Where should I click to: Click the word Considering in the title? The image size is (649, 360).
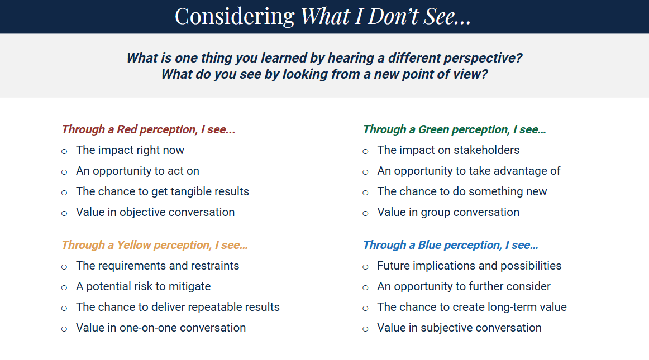point(235,17)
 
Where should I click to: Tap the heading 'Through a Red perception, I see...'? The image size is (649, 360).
point(148,129)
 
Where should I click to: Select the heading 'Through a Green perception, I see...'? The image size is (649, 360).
point(455,129)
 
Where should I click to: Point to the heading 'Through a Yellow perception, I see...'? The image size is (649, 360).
point(154,245)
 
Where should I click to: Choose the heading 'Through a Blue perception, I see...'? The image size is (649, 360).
point(450,245)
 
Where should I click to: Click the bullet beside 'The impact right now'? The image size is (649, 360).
point(64,151)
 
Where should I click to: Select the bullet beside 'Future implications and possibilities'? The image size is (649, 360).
point(365,267)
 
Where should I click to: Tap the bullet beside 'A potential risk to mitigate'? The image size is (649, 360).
point(64,287)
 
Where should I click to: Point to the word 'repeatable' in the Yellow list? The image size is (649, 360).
point(197,307)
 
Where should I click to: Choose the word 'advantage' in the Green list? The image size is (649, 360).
point(519,171)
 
